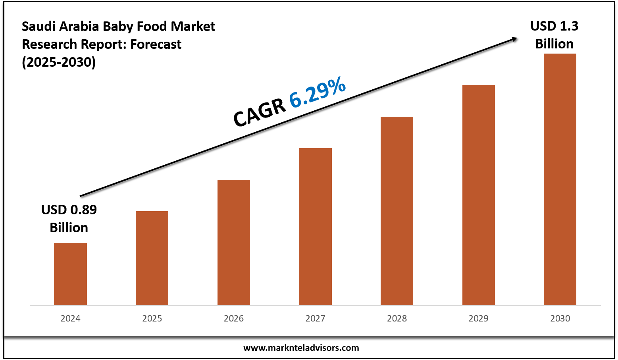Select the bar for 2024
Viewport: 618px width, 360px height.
tap(70, 274)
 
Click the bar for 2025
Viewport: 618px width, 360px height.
tap(152, 258)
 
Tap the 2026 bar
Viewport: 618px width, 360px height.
tap(234, 242)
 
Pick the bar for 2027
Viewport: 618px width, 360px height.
tap(315, 226)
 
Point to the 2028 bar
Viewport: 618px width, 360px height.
tap(397, 210)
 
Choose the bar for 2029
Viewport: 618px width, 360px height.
tap(479, 194)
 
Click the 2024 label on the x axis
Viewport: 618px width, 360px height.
tap(70, 318)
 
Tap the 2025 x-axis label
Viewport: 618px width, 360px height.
tap(152, 318)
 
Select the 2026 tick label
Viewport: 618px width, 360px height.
tap(234, 318)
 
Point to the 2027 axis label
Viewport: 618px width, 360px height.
tap(315, 318)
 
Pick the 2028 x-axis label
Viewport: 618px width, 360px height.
tap(397, 318)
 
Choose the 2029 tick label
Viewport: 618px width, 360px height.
tap(479, 318)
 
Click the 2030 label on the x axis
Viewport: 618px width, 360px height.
tap(560, 318)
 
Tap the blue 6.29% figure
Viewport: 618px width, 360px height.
tap(318, 93)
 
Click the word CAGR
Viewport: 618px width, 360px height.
tap(260, 113)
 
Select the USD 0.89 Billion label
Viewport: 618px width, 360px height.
tap(69, 218)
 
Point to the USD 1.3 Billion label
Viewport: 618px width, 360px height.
tap(554, 35)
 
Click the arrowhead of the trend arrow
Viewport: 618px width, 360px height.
tap(514, 39)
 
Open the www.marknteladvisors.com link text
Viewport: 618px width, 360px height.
tap(301, 348)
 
